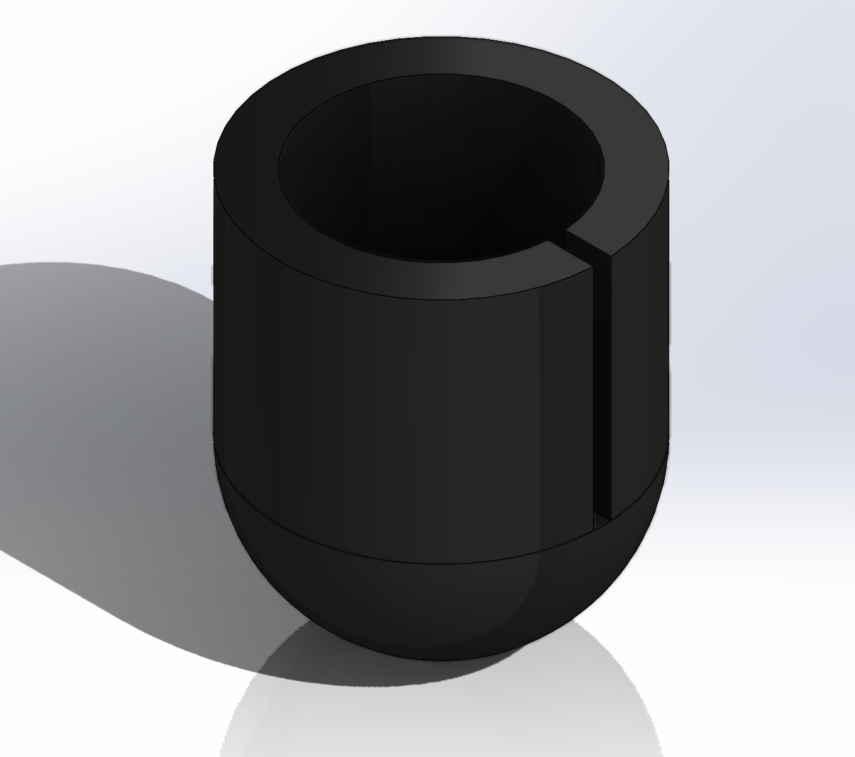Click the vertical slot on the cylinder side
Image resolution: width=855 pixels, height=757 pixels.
[x=603, y=378]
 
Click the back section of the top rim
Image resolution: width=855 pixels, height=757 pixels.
[x=441, y=57]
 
